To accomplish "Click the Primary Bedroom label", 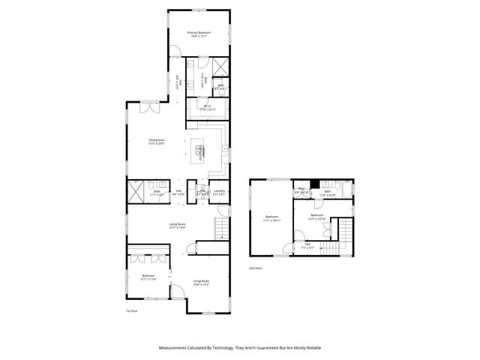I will pyautogui.click(x=199, y=34).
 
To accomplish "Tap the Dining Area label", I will pyautogui.click(x=156, y=142).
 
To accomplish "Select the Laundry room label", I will pyautogui.click(x=219, y=192).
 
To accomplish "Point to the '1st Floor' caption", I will pyautogui.click(x=132, y=310).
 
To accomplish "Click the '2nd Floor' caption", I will pyautogui.click(x=256, y=268).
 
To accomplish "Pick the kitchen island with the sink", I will pyautogui.click(x=201, y=151).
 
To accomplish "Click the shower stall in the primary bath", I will pyautogui.click(x=220, y=67).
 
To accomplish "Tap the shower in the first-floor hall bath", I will pyautogui.click(x=135, y=191).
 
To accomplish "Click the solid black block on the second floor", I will pyautogui.click(x=315, y=184).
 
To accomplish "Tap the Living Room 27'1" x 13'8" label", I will pyautogui.click(x=177, y=225).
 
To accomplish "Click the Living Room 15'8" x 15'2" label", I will pyautogui.click(x=200, y=283).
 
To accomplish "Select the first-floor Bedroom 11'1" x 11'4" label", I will pyautogui.click(x=148, y=277).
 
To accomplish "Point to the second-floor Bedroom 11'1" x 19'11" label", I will pyautogui.click(x=271, y=220).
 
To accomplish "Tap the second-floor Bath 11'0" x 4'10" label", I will pyautogui.click(x=328, y=193).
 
